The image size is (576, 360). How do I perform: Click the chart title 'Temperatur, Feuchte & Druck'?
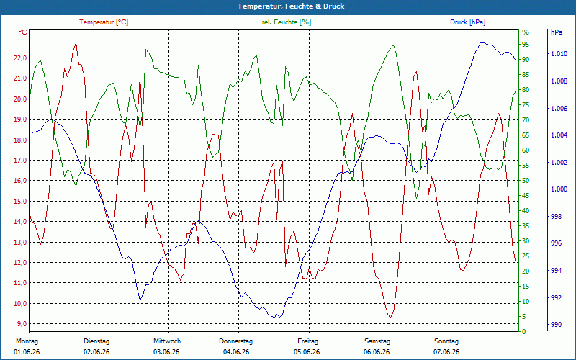coord(291,6)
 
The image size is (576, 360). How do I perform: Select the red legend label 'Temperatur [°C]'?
coord(104,22)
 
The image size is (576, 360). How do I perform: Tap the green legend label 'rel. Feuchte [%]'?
coord(287,22)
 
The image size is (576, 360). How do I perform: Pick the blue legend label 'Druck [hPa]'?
coord(467,22)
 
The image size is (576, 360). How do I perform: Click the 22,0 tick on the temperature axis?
coord(19,58)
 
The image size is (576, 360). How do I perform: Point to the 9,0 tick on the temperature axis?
coord(21,323)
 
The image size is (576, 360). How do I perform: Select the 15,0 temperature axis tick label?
coord(19,202)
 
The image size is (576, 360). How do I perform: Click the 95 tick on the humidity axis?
coord(526,45)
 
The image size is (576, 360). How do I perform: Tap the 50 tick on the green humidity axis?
coord(526,181)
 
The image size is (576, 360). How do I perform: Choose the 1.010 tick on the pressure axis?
coord(559,54)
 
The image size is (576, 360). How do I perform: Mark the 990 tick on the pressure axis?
coord(556,325)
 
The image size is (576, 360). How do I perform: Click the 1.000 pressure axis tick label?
coord(559,189)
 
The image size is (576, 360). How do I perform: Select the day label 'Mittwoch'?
coord(167,341)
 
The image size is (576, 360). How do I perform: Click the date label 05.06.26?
coord(307,352)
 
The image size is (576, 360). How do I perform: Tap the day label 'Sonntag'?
coord(446,341)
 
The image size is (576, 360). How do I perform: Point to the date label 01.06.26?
coord(27,352)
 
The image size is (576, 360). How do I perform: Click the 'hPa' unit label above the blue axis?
coord(556,32)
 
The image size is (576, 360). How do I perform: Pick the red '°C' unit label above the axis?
coord(22,32)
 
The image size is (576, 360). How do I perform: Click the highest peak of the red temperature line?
coord(76,43)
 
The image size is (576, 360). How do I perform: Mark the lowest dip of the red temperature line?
coord(390,318)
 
